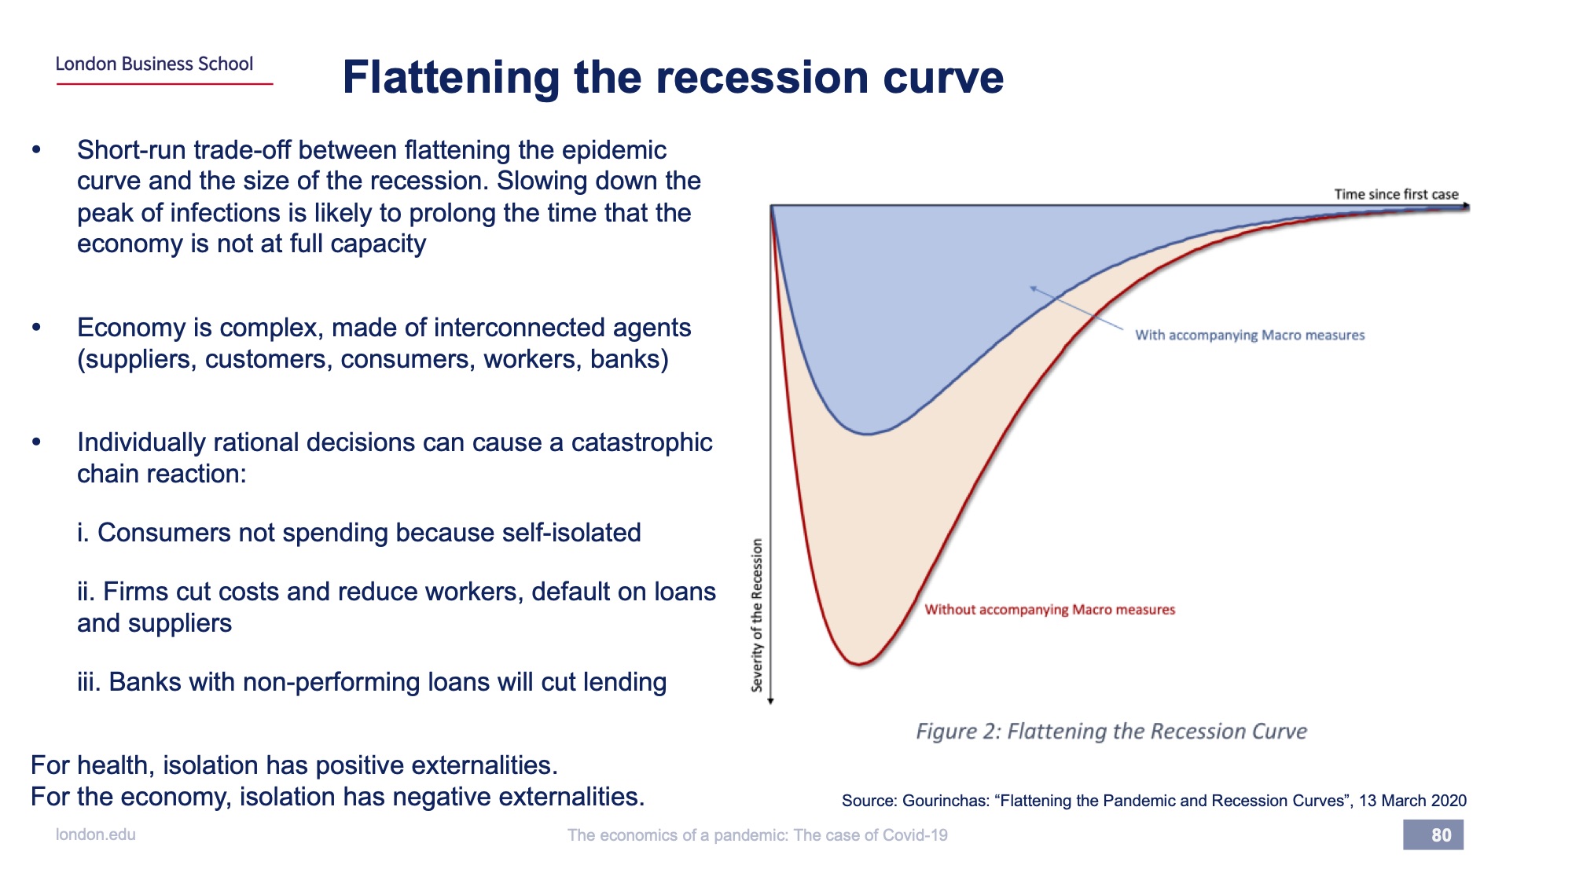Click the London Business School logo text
154,64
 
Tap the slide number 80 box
1433,834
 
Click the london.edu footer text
95,834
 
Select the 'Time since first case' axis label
1396,194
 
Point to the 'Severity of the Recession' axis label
757,615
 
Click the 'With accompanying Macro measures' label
1250,335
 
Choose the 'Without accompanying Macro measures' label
1049,610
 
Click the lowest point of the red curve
859,665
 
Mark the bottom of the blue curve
867,434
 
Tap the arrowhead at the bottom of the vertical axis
771,701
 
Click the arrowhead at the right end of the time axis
1466,206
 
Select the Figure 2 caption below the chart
1111,732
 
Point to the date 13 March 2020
1412,801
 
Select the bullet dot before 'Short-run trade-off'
36,149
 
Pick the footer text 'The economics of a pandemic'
676,834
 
